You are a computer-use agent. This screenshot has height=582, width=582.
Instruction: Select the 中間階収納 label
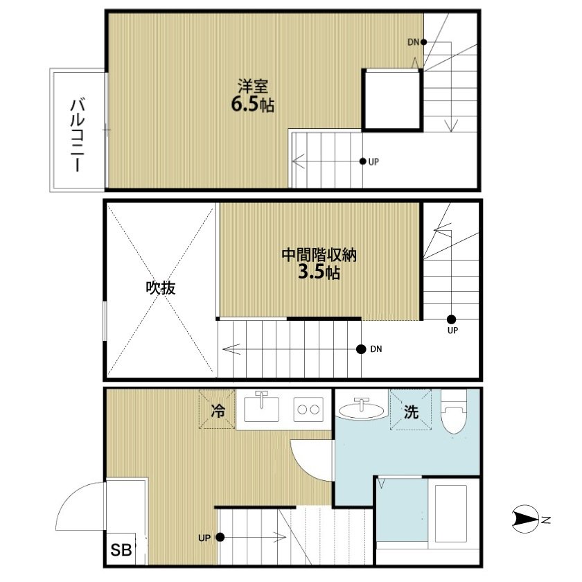click(x=319, y=255)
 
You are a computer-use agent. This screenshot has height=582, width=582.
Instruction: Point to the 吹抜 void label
click(x=160, y=288)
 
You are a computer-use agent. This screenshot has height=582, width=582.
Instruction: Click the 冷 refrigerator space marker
click(x=218, y=411)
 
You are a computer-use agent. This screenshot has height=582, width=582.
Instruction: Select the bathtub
click(x=452, y=513)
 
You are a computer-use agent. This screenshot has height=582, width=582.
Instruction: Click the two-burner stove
click(x=308, y=409)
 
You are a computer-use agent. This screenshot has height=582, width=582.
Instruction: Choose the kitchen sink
click(x=262, y=409)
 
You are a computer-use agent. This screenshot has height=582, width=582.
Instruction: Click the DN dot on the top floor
click(x=423, y=42)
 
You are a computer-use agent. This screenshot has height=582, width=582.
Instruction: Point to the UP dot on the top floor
click(x=362, y=161)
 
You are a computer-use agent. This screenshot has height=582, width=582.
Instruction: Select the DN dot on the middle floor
click(x=361, y=349)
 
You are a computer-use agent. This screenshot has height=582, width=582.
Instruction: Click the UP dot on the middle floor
click(x=451, y=319)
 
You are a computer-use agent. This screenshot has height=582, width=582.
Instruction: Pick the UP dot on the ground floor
click(x=220, y=537)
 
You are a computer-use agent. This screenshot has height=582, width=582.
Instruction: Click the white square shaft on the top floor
click(x=392, y=99)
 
